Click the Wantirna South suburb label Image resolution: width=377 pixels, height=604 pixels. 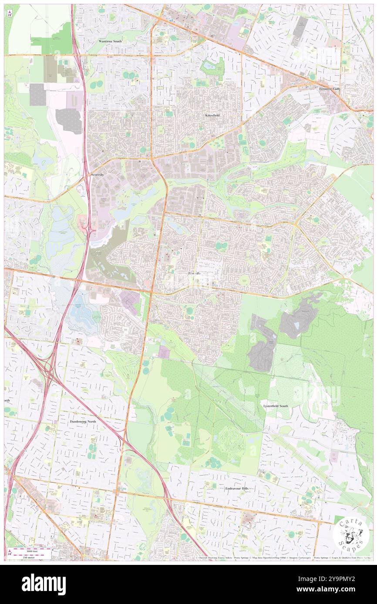[x=110, y=41]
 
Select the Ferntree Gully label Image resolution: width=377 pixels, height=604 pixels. [x=329, y=88]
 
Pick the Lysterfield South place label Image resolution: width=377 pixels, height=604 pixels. [x=276, y=406]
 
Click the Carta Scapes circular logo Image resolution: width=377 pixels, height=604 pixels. [x=350, y=534]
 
